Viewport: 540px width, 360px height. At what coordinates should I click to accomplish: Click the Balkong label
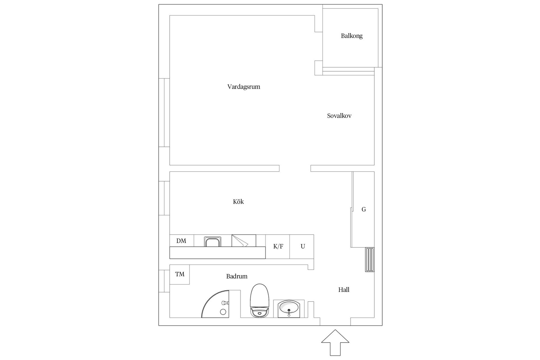click(x=352, y=36)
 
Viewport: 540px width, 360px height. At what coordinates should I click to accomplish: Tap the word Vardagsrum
click(x=244, y=87)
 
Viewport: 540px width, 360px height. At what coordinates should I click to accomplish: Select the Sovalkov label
click(x=339, y=116)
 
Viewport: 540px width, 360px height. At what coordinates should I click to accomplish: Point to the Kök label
click(x=238, y=202)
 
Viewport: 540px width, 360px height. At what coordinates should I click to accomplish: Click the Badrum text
click(x=237, y=276)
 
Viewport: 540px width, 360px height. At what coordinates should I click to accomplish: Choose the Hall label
click(x=344, y=290)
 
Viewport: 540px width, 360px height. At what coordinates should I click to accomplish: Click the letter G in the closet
click(x=364, y=209)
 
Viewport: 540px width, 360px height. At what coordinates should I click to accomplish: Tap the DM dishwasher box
click(x=182, y=241)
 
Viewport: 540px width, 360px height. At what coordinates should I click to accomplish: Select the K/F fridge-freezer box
click(x=278, y=247)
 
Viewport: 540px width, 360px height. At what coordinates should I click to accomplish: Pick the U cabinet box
click(x=302, y=247)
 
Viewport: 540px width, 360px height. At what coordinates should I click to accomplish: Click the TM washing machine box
click(x=179, y=274)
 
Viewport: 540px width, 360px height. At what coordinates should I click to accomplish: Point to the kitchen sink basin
click(x=213, y=242)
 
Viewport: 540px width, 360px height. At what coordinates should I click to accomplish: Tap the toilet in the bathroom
click(x=260, y=301)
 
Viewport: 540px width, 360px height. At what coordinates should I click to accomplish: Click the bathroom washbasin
click(x=289, y=309)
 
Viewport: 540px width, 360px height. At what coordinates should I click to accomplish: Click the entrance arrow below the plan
click(x=335, y=343)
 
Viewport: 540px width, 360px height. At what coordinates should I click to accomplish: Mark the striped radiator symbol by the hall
click(x=370, y=260)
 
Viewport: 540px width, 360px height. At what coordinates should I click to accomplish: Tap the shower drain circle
click(x=223, y=312)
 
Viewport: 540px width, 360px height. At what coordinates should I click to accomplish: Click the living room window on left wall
click(x=164, y=112)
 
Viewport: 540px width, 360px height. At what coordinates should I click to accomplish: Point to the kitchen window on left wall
click(x=164, y=198)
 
